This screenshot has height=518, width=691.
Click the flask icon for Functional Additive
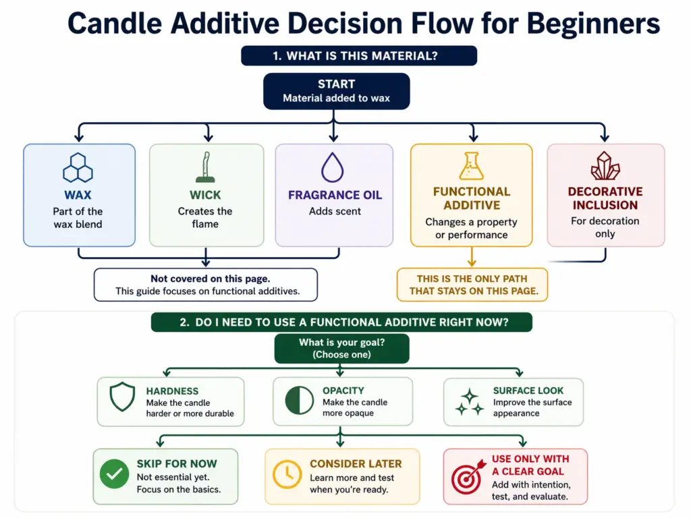[x=472, y=166]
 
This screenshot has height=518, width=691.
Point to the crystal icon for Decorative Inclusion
[x=605, y=166]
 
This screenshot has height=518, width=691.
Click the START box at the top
[x=336, y=91]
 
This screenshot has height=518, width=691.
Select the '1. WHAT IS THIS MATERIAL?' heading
[x=358, y=56]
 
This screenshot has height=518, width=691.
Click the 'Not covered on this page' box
[x=205, y=285]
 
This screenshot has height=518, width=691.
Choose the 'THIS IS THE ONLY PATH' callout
[x=472, y=285]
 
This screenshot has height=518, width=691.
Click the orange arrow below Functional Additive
[x=472, y=256]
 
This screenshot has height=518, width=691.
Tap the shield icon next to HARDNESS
[x=122, y=398]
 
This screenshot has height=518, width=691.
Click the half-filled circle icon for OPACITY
[x=299, y=401]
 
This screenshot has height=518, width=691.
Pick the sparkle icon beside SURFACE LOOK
[x=470, y=401]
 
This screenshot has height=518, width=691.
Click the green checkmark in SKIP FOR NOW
[x=115, y=476]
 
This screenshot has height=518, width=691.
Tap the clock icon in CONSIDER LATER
[x=287, y=476]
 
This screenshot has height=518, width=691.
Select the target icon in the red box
[x=467, y=476]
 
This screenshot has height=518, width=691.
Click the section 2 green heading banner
[x=341, y=322]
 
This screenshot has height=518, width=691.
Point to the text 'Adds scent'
[x=335, y=211]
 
